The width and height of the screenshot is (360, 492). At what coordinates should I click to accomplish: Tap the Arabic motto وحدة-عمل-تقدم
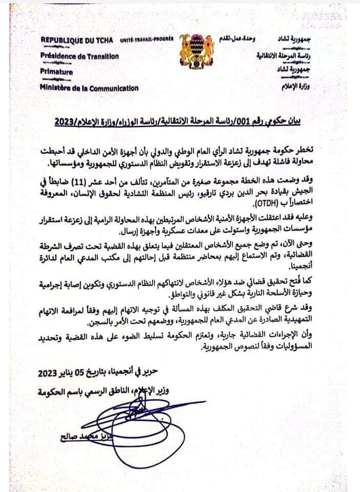pyautogui.click(x=241, y=39)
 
